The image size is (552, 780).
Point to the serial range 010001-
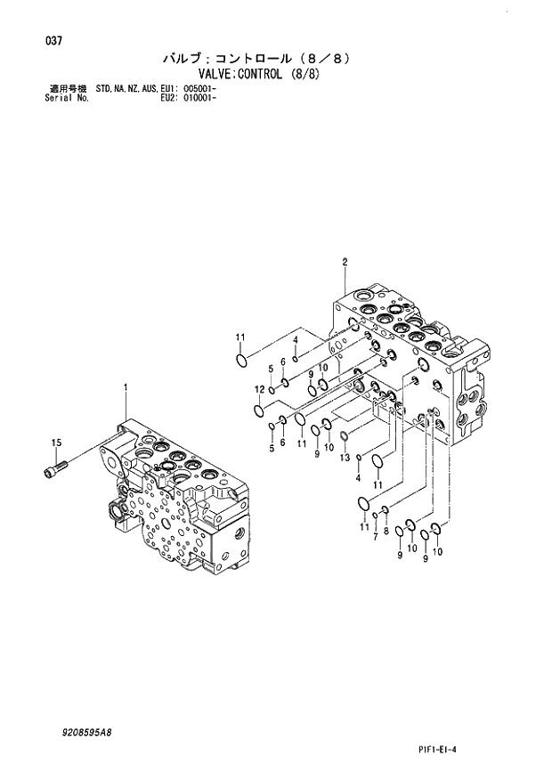(199, 98)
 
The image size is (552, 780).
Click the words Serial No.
(64, 98)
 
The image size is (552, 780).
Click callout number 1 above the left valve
(126, 387)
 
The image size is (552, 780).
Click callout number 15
(55, 443)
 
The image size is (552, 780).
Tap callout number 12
(258, 390)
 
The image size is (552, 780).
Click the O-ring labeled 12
(258, 410)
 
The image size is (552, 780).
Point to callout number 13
(342, 458)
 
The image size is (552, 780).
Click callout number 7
(375, 539)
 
